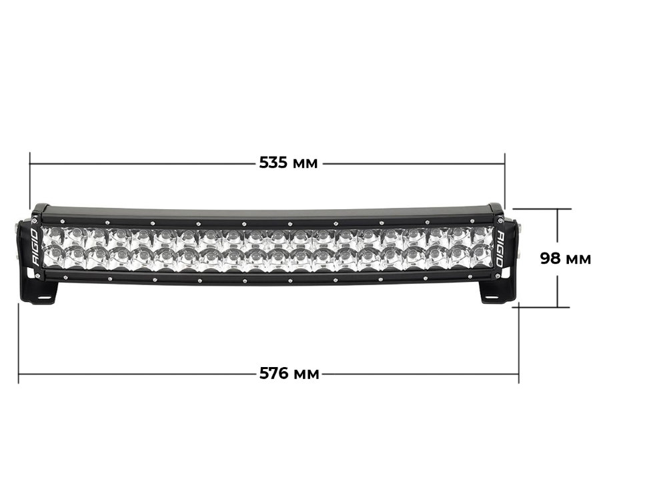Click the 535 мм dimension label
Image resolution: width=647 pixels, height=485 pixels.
pyautogui.click(x=288, y=163)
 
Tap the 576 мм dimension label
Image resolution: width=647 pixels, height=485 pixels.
pyautogui.click(x=289, y=374)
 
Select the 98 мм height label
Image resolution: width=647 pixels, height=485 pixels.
pyautogui.click(x=566, y=258)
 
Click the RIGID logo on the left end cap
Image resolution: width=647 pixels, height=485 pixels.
pyautogui.click(x=35, y=247)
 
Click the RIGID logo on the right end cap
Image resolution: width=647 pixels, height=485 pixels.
pyautogui.click(x=500, y=248)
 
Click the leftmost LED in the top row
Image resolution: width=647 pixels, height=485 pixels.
pyautogui.click(x=53, y=234)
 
